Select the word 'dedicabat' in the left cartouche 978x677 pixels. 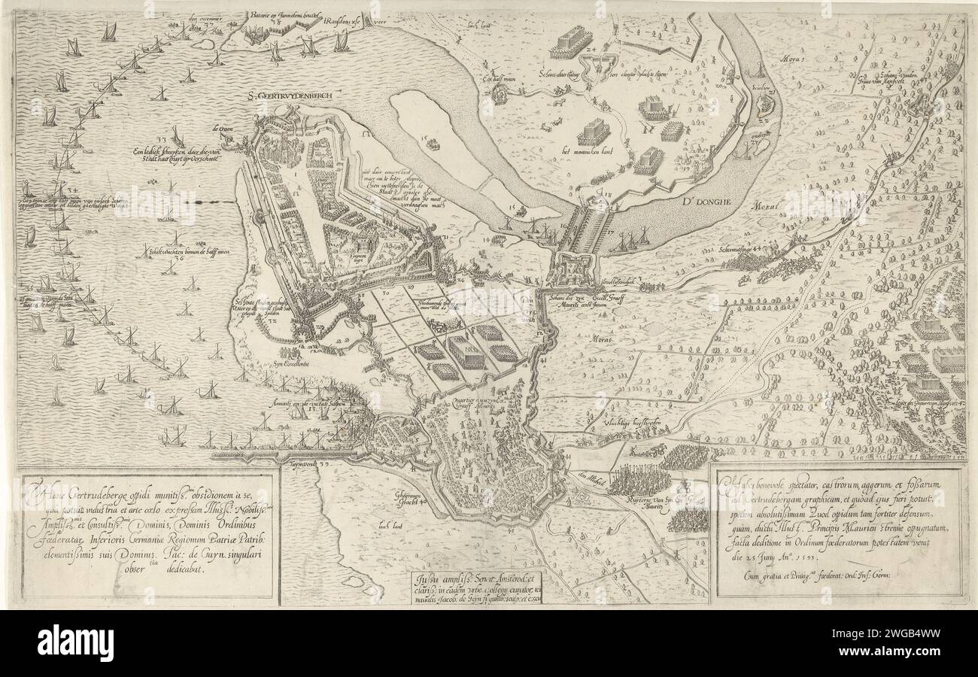pos(178,569)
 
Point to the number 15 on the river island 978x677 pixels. pos(424,138)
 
